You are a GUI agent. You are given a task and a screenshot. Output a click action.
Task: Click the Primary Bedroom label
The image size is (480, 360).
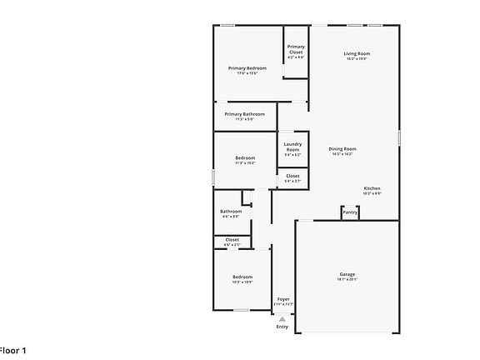tap(247, 67)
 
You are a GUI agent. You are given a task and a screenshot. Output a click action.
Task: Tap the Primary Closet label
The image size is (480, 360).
tap(296, 49)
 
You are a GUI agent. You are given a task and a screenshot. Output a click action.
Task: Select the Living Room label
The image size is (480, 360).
tap(357, 53)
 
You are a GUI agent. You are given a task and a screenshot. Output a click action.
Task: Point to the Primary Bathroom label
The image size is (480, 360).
tap(244, 113)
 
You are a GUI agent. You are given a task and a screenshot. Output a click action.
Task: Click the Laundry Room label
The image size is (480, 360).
tap(292, 146)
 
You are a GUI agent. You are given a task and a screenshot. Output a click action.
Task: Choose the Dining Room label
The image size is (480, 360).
tap(342, 148)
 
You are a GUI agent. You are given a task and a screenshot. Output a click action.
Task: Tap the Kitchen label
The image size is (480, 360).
tap(372, 188)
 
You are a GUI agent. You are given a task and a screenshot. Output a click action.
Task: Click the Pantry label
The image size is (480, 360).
tap(350, 212)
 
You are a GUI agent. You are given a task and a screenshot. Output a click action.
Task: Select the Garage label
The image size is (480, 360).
tap(347, 274)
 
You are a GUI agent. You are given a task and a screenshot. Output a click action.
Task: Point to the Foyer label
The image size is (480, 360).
tap(283, 298)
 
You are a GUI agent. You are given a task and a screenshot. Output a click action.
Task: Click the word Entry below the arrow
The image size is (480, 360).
tap(282, 326)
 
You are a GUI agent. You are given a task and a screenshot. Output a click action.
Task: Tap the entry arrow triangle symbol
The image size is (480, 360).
tap(282, 317)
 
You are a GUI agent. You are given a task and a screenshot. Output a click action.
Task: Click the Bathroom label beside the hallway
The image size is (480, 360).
tap(231, 211)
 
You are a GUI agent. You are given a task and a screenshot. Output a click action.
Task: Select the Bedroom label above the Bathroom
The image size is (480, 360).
tap(244, 157)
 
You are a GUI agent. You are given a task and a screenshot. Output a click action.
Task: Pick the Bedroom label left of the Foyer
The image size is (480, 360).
tap(242, 277)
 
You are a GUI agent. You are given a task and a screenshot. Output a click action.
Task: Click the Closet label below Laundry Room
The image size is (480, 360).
tap(292, 176)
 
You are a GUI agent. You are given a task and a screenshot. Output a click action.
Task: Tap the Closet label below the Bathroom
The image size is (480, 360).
tap(232, 239)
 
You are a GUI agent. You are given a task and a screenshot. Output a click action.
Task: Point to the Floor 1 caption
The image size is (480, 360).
tap(13, 351)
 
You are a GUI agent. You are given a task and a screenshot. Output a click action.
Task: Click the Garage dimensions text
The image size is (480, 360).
tap(347, 280)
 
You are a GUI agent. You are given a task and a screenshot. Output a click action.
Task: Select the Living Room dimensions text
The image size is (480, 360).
tap(357, 59)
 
